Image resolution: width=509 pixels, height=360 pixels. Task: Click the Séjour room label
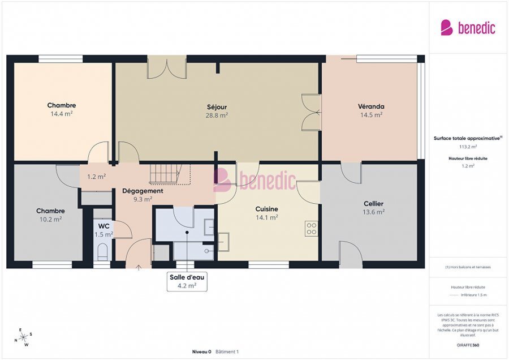pos(217,106)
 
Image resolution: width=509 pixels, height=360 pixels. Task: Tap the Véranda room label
pos(371,106)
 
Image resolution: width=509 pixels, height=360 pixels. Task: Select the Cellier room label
pos(373,204)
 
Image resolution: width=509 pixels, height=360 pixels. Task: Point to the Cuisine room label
pos(266,209)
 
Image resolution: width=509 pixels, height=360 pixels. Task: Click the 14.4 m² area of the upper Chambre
pos(62,113)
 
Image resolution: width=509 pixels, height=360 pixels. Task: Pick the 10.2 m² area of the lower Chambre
pos(50,219)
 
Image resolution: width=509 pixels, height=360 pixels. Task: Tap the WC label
pos(103,226)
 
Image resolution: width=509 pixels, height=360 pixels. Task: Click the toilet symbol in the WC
pos(102,251)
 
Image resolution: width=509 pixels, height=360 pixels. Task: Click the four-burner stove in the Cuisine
pos(312,229)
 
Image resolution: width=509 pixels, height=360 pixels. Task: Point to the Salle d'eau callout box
pos(187,281)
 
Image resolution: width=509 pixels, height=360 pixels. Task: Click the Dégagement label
pos(143,191)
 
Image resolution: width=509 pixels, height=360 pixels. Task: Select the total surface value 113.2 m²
pos(467,146)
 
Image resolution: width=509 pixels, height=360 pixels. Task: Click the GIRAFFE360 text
pos(468,345)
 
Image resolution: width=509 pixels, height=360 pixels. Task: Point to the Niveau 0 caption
pos(201,352)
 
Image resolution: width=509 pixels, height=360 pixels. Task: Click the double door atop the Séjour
pos(166,67)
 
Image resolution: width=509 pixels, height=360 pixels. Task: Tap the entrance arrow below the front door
pos(139,267)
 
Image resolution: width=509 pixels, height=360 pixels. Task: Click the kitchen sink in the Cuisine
pos(223,242)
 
